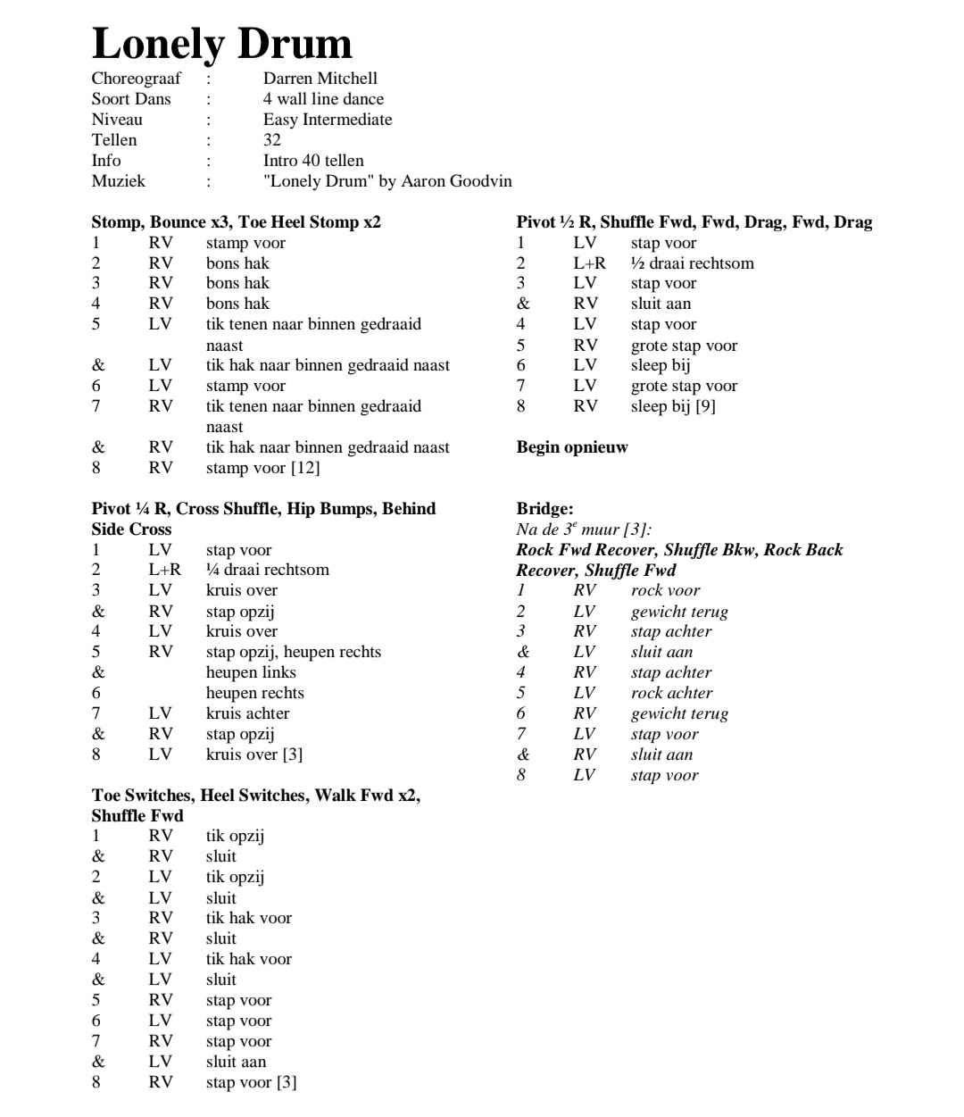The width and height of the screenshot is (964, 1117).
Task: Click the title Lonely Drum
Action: pyautogui.click(x=221, y=44)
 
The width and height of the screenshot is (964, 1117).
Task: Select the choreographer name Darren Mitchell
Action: pyautogui.click(x=320, y=79)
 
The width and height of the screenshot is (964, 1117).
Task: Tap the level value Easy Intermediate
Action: pyautogui.click(x=327, y=120)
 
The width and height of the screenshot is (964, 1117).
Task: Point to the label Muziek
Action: pyautogui.click(x=118, y=181)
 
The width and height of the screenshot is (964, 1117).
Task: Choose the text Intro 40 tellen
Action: pyautogui.click(x=312, y=161)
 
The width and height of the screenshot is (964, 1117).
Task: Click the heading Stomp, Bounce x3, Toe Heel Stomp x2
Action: pyautogui.click(x=236, y=222)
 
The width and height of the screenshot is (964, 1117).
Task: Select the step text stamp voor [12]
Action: pyautogui.click(x=262, y=468)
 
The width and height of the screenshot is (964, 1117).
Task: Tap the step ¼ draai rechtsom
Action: pyautogui.click(x=267, y=570)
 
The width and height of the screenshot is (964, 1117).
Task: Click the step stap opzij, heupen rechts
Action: pyautogui.click(x=293, y=652)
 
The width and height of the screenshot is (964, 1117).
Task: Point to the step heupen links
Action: pyautogui.click(x=251, y=672)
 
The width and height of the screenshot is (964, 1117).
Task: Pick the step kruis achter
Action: pyautogui.click(x=247, y=713)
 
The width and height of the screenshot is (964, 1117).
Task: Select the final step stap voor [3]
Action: pyautogui.click(x=251, y=1082)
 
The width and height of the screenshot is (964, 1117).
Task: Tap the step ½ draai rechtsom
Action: pyautogui.click(x=692, y=263)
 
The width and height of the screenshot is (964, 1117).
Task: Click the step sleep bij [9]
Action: pyautogui.click(x=673, y=406)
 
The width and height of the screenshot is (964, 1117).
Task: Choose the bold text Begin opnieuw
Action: pyautogui.click(x=571, y=447)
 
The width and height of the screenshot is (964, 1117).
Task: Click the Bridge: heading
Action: pyautogui.click(x=544, y=509)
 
